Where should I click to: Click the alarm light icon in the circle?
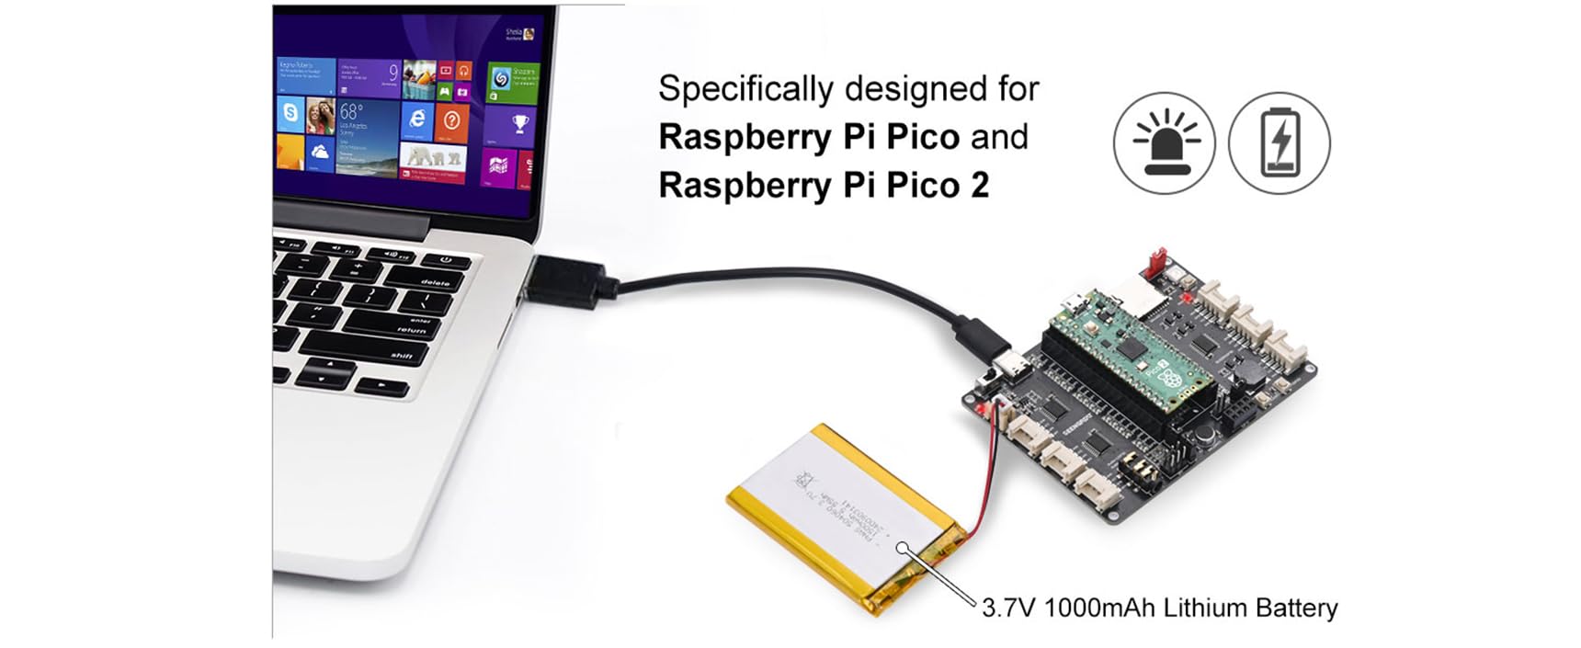click(1165, 142)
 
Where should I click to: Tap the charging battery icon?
click(1280, 142)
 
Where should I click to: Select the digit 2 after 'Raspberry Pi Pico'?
click(979, 186)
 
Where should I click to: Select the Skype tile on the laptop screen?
click(290, 114)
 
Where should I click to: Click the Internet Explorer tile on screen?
click(416, 119)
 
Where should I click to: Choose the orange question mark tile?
click(451, 120)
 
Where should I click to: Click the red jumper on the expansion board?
click(1154, 263)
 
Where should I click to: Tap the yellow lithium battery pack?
click(846, 514)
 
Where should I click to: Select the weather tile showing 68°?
click(367, 134)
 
